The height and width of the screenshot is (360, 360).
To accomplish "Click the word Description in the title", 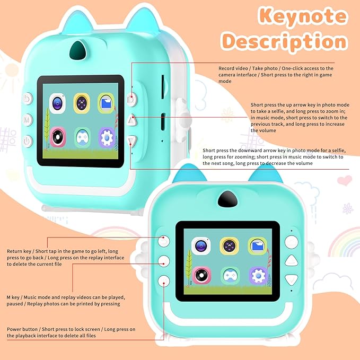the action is click(x=285, y=42).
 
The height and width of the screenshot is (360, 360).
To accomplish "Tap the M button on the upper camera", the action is click(x=28, y=120).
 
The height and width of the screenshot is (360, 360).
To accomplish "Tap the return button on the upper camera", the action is click(x=28, y=99).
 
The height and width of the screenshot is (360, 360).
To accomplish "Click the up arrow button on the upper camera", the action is click(x=132, y=120).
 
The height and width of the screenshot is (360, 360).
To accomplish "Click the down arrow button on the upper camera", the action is click(x=132, y=141).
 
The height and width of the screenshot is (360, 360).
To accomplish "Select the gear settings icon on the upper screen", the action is click(x=107, y=138).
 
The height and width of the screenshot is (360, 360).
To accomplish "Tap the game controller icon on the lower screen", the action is click(x=230, y=275).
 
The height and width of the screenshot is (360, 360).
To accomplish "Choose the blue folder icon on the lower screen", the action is click(x=257, y=246).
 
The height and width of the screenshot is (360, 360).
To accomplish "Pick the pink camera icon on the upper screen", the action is click(x=58, y=137).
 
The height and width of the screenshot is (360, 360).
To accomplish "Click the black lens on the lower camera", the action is click(x=227, y=199).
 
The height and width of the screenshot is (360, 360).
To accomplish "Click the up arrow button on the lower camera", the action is click(x=292, y=261).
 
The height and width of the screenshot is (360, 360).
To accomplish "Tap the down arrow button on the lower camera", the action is click(x=292, y=279).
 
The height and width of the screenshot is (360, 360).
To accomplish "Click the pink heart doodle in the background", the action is click(x=345, y=180).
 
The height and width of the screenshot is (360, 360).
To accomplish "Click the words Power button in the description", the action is click(x=22, y=329).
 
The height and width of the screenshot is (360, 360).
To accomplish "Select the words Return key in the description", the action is click(x=19, y=251).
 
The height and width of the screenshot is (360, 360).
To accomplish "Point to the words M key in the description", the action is click(x=13, y=297).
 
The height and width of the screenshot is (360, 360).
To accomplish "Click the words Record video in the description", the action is click(x=233, y=68).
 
